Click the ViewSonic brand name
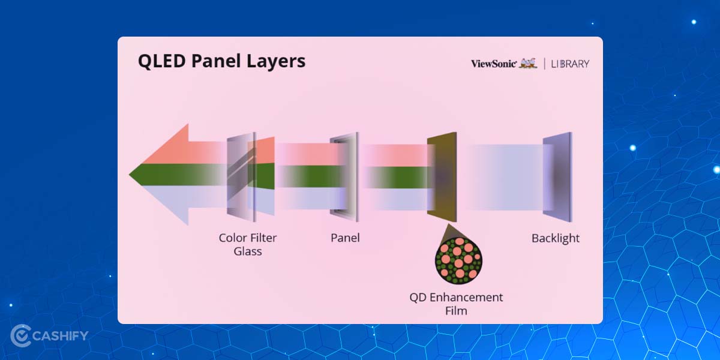point(493,64)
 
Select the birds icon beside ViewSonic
point(528,63)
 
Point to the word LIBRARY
point(570,64)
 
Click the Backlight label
point(556,238)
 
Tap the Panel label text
point(345,238)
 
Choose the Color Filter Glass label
point(248,244)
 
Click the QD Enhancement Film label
point(456,303)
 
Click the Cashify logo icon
point(22,335)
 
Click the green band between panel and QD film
point(393,176)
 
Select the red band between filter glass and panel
point(303,154)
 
